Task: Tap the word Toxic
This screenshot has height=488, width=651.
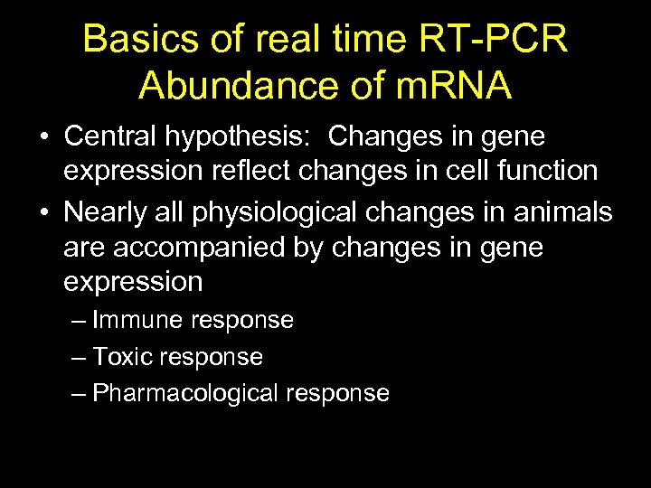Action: pyautogui.click(x=125, y=357)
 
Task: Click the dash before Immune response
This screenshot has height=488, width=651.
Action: pyautogui.click(x=79, y=321)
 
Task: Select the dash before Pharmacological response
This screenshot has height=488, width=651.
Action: pyautogui.click(x=79, y=394)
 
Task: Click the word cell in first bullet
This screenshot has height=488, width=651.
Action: pyautogui.click(x=458, y=170)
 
